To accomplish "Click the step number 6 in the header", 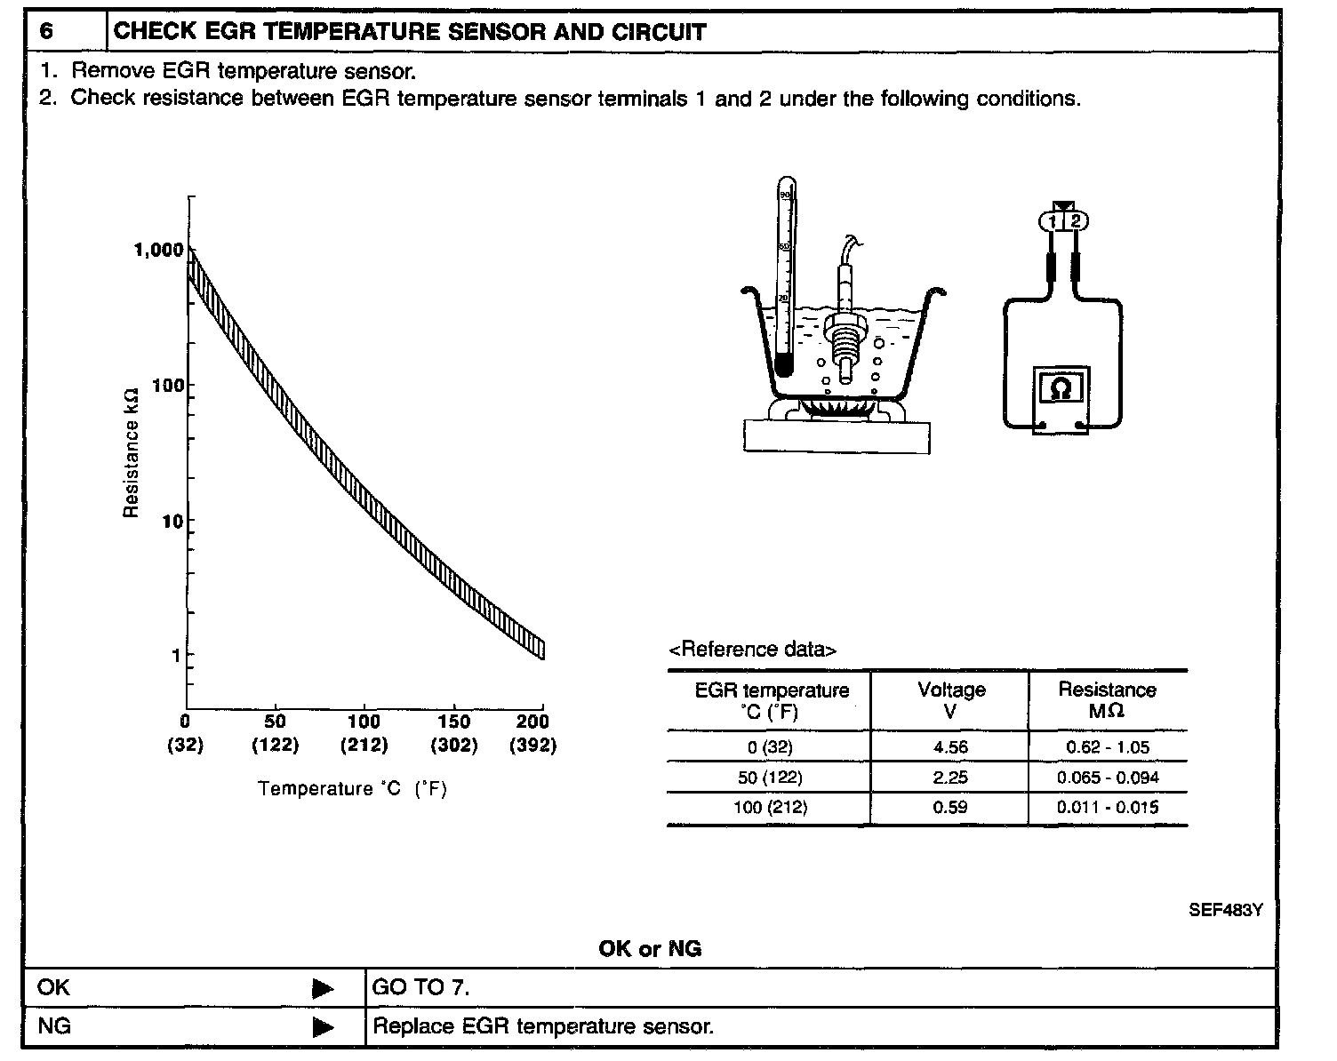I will [46, 32].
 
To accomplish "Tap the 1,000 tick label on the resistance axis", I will [158, 250].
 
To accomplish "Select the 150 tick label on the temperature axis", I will [453, 722].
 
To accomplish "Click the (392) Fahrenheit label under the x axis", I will [533, 746].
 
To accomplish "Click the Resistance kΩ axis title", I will [132, 452].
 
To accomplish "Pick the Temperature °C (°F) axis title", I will [352, 789].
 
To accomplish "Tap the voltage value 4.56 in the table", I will [950, 747].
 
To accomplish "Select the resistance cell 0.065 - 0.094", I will [1108, 778].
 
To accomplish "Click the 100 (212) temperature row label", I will [771, 808].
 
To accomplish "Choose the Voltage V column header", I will [951, 699].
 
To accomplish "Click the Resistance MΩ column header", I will [1107, 699].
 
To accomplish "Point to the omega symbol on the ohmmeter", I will [1061, 388].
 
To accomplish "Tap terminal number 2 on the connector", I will [1076, 220].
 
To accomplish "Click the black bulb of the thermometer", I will [783, 363].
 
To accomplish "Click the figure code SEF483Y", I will [1226, 910].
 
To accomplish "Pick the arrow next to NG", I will [324, 1028].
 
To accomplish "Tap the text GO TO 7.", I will [420, 987].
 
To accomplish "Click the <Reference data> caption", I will [752, 650].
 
